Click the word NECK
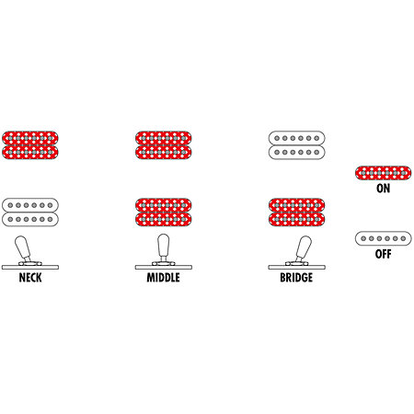(30, 278)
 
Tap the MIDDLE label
(163, 278)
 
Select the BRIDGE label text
(296, 278)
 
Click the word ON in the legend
(384, 188)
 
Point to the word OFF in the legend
(384, 254)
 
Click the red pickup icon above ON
(384, 173)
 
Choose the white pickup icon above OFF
(384, 238)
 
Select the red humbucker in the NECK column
(30, 145)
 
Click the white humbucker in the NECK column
(30, 213)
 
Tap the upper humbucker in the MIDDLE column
(163, 145)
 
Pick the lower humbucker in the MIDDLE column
(163, 213)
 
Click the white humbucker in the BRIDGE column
(296, 145)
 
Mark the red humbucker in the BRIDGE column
(296, 213)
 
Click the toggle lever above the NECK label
(23, 247)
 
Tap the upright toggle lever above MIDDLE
(164, 247)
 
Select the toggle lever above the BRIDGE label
(304, 247)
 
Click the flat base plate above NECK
(30, 267)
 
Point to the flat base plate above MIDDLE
(164, 267)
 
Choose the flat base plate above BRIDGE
(296, 267)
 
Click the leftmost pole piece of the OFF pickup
(363, 238)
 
